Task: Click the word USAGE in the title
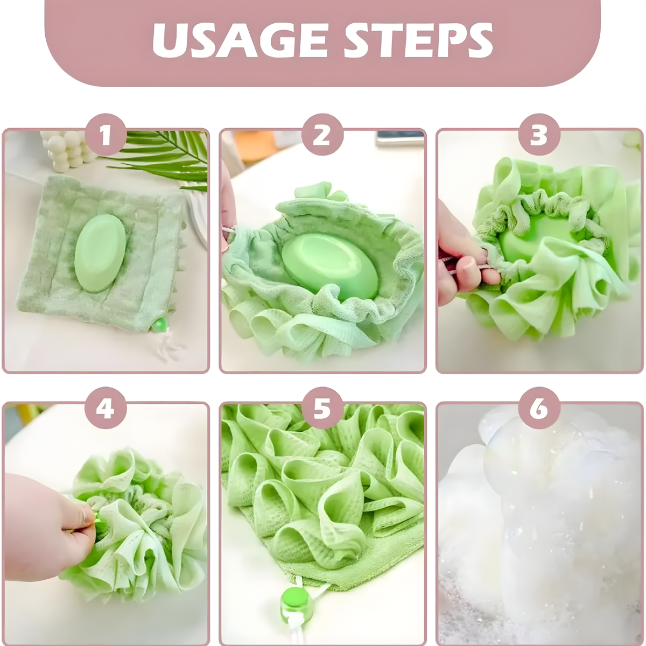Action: point(240,41)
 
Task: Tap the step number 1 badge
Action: point(106,135)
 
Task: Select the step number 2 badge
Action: point(322,135)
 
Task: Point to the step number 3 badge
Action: point(539,135)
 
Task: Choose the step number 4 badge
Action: point(106,408)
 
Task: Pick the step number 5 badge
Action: point(322,408)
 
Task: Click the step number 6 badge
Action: point(539,408)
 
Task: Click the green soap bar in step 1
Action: point(100,253)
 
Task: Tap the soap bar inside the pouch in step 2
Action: point(329,265)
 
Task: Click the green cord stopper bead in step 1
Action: point(159,325)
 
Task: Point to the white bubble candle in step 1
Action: point(69,149)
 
